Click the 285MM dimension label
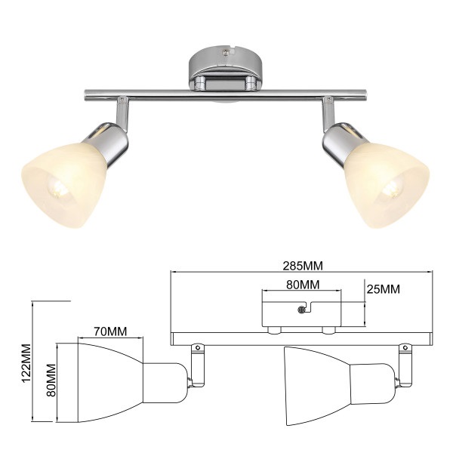[x=303, y=266]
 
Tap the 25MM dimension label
[x=384, y=289]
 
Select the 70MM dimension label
[x=110, y=331]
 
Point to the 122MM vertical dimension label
[x=26, y=363]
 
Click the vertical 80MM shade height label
[x=51, y=380]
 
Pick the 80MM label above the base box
[x=303, y=285]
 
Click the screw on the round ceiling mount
[x=226, y=52]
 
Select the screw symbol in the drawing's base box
[x=301, y=310]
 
